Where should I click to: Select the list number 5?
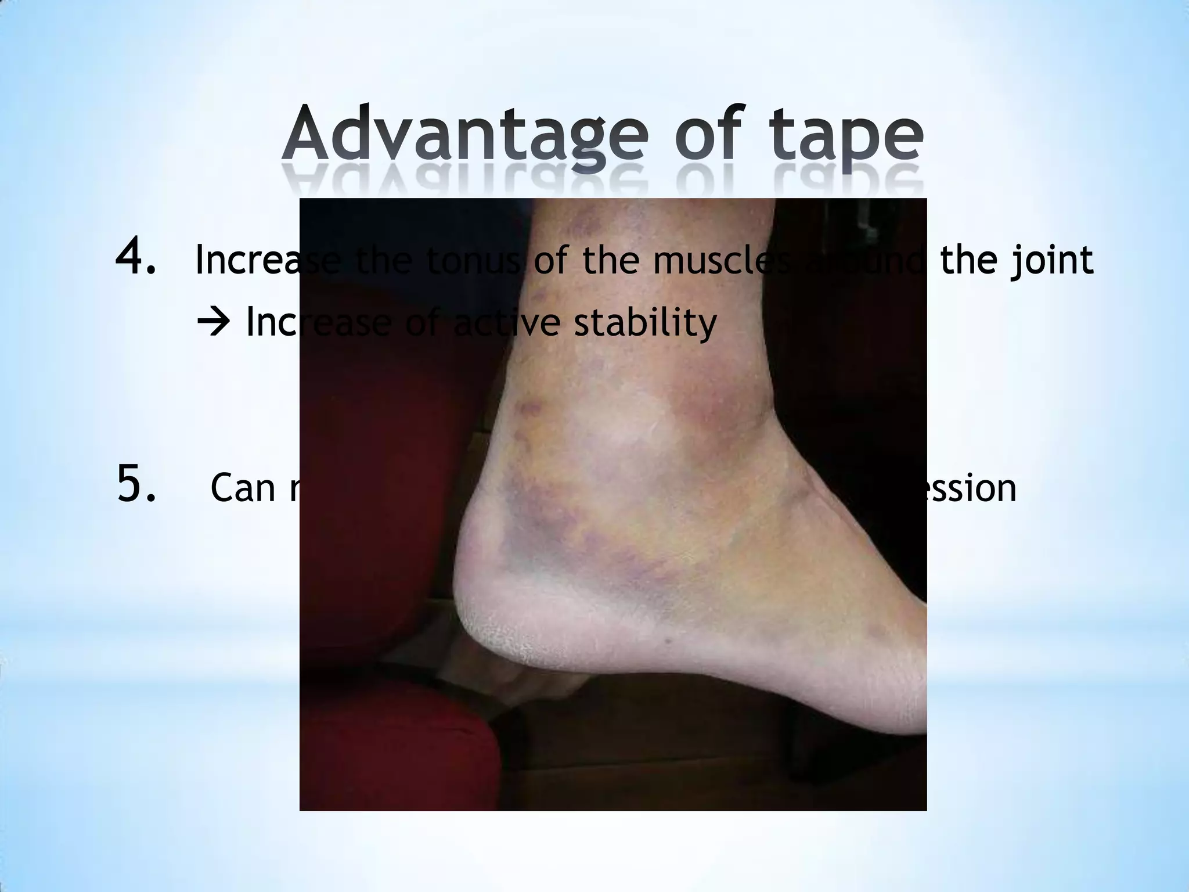tap(136, 484)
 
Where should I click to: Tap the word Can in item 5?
tap(243, 488)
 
